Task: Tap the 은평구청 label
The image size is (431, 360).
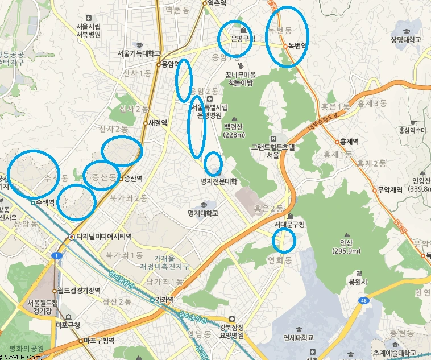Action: [243, 39]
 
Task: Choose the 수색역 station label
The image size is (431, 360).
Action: [44, 202]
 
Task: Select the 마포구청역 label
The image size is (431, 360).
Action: [98, 341]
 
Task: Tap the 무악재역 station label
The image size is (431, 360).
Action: [389, 190]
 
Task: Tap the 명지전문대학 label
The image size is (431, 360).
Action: [218, 182]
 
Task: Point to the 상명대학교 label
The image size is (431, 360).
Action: [406, 40]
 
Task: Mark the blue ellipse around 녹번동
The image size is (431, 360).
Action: [287, 37]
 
